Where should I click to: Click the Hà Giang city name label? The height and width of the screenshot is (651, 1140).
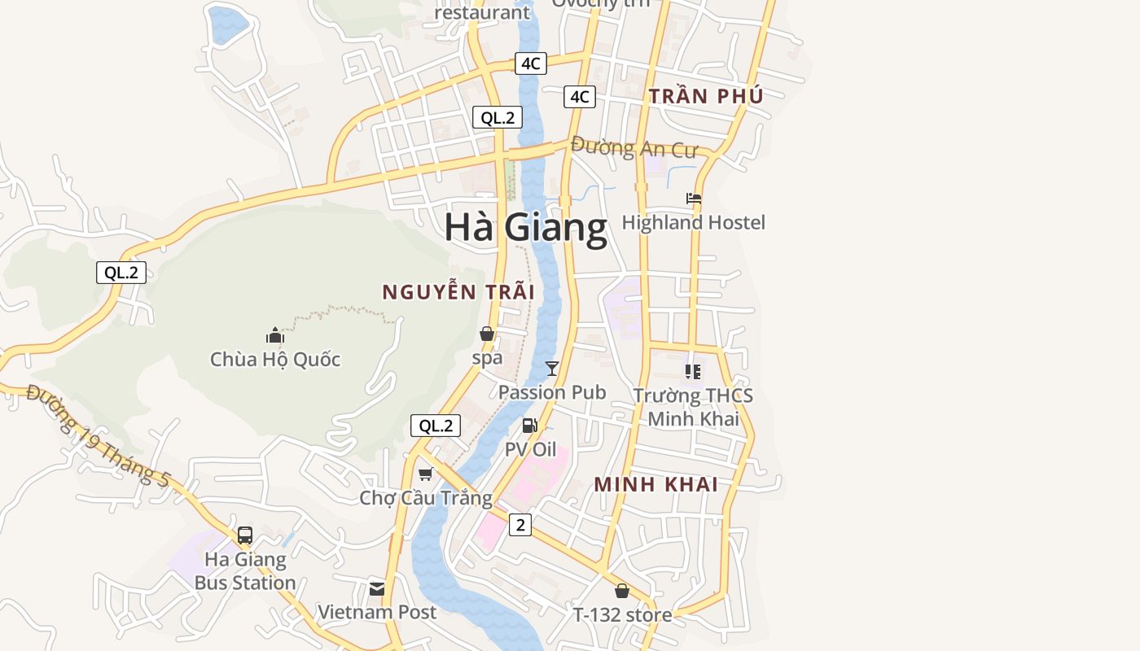pyautogui.click(x=526, y=227)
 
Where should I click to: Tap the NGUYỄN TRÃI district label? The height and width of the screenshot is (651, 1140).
pyautogui.click(x=458, y=292)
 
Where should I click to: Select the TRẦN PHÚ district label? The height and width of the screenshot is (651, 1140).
pyautogui.click(x=706, y=96)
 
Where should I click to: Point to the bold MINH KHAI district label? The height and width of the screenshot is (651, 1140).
pyautogui.click(x=655, y=484)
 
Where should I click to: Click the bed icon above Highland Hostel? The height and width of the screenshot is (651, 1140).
pyautogui.click(x=694, y=198)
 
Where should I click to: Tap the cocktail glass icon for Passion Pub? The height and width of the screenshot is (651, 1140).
pyautogui.click(x=552, y=368)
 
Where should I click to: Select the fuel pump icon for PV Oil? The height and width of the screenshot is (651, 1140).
pyautogui.click(x=529, y=426)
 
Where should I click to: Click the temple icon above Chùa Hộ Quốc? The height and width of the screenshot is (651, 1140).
pyautogui.click(x=274, y=334)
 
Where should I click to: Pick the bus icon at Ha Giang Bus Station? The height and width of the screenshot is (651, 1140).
pyautogui.click(x=244, y=535)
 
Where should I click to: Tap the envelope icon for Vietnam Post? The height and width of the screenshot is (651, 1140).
pyautogui.click(x=377, y=588)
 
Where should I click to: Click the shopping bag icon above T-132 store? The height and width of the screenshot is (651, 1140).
pyautogui.click(x=622, y=591)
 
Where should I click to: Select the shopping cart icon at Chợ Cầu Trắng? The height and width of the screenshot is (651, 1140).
pyautogui.click(x=425, y=474)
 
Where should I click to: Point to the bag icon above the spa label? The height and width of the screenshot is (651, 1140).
pyautogui.click(x=487, y=334)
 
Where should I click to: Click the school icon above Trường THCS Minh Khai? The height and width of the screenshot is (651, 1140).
pyautogui.click(x=693, y=372)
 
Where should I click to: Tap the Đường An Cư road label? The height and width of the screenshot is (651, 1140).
pyautogui.click(x=634, y=148)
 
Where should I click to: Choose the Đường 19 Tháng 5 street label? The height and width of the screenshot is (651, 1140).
pyautogui.click(x=98, y=435)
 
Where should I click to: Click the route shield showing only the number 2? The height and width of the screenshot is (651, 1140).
pyautogui.click(x=520, y=525)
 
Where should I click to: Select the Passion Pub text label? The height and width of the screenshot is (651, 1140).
pyautogui.click(x=552, y=392)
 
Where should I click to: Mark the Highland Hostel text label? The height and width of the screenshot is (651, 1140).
pyautogui.click(x=694, y=222)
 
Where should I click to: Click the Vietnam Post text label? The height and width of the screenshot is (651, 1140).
pyautogui.click(x=377, y=612)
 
